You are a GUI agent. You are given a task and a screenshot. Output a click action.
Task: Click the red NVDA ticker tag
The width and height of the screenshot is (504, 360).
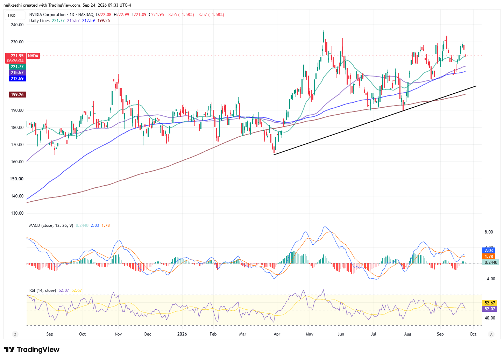(x=33, y=56)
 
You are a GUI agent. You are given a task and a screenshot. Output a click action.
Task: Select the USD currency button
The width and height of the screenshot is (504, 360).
(x=12, y=15)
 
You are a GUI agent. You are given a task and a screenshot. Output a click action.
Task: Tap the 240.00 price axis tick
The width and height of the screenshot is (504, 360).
(x=17, y=25)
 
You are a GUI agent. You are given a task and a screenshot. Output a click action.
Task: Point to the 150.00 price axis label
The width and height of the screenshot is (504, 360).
(x=16, y=179)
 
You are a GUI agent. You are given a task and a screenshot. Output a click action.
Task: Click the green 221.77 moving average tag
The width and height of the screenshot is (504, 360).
(x=17, y=66)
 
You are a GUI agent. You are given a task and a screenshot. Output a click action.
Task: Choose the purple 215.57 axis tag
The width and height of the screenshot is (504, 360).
(x=17, y=73)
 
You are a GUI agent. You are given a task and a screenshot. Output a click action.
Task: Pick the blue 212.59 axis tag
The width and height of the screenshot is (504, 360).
(x=17, y=79)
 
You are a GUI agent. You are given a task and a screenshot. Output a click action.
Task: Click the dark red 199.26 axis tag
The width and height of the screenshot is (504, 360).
(x=17, y=95)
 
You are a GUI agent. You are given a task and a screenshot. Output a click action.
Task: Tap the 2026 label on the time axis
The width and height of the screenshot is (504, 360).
(x=182, y=334)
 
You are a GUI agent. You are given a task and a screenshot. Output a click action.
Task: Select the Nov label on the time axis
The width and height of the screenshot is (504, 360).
(x=118, y=334)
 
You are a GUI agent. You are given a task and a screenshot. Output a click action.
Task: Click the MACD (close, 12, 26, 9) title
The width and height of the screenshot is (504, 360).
(x=51, y=225)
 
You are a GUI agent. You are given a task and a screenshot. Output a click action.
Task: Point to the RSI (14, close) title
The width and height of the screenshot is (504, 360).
(x=43, y=290)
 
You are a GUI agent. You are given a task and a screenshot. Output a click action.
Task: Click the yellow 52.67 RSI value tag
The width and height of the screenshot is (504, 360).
(x=490, y=303)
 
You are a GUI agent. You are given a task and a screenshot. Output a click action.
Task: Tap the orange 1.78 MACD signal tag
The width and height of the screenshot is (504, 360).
(x=489, y=256)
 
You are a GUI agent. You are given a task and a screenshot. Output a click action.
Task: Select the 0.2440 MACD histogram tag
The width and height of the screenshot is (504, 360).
(x=491, y=262)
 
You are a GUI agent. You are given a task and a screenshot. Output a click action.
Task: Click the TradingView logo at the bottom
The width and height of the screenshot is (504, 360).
(x=32, y=350)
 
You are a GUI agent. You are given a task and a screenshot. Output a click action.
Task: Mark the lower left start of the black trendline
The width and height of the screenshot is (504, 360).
(x=274, y=155)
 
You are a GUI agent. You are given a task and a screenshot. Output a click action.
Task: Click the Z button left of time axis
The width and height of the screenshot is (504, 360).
(x=15, y=334)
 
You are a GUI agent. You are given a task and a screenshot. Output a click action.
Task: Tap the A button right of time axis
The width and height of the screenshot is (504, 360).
(x=491, y=334)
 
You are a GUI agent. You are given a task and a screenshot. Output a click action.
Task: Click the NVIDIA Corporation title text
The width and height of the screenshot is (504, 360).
(x=47, y=15)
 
